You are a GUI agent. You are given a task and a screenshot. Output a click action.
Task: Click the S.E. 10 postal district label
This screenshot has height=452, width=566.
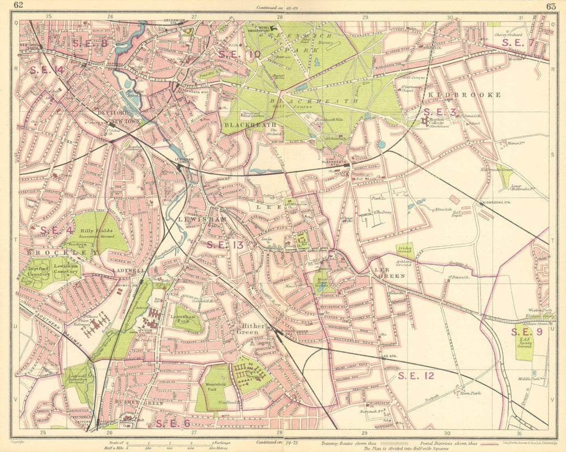click(239, 54)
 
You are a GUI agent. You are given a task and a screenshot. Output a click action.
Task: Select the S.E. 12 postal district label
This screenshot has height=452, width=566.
click(415, 375)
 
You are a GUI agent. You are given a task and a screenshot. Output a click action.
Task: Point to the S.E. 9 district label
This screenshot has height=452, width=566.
click(527, 332)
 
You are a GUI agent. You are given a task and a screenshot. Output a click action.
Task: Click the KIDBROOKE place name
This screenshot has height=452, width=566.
click(465, 94)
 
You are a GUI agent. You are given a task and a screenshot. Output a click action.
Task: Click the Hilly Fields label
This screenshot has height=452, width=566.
click(95, 231)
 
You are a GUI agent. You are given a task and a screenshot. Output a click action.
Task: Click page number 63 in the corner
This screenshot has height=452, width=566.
click(551, 6)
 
